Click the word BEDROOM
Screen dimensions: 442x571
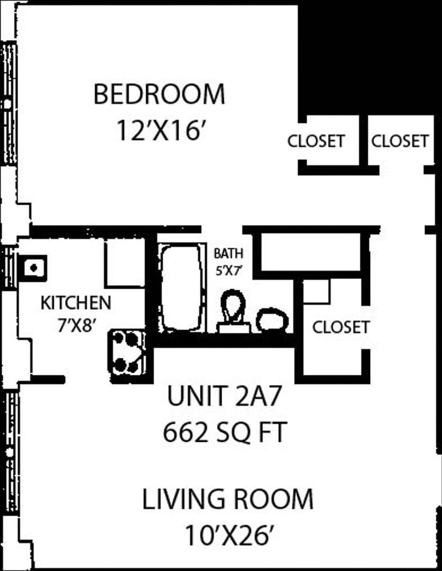[159, 94]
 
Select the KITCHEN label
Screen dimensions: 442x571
[76, 303]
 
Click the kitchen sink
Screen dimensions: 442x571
[33, 268]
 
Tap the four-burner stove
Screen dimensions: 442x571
[128, 356]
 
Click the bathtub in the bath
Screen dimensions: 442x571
[181, 288]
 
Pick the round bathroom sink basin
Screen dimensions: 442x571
[272, 321]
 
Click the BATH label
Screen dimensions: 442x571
[228, 253]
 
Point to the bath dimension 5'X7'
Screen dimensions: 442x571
[229, 270]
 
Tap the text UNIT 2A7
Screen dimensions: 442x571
[224, 396]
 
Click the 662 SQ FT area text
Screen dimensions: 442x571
[225, 432]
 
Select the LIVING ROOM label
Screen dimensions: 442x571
[227, 499]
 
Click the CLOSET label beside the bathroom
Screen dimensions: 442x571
[341, 327]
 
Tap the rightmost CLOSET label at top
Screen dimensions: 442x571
[400, 141]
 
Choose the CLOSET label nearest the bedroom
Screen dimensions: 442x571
[316, 141]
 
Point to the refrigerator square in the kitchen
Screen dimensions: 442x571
[124, 263]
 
